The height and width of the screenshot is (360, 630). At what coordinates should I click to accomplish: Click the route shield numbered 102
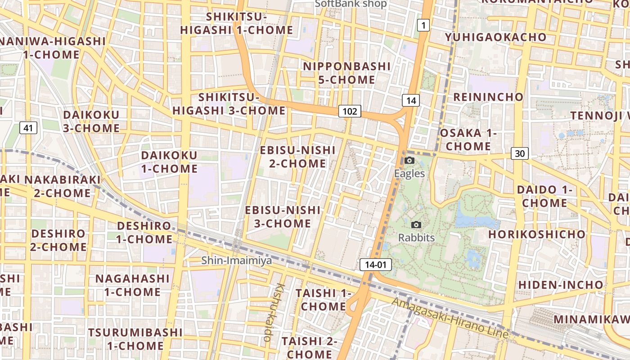point(350,111)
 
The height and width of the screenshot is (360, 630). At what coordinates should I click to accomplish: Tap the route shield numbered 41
point(28,128)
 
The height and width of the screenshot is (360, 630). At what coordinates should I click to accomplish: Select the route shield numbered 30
point(520,153)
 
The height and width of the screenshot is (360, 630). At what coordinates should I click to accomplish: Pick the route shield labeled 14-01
point(376,265)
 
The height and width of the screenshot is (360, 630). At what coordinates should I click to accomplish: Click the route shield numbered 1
point(423,26)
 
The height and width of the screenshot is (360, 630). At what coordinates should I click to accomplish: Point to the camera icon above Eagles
point(409,161)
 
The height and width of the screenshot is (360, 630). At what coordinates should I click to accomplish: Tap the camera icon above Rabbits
point(416,225)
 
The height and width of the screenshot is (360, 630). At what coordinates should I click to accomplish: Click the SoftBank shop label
point(351,4)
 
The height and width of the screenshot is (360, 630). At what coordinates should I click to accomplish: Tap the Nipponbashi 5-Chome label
point(339,73)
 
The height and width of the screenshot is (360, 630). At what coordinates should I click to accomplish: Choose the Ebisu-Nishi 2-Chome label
point(297,156)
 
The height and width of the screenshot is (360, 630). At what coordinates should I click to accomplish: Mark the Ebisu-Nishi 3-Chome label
point(283,216)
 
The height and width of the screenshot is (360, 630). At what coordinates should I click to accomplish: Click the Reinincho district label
point(488,97)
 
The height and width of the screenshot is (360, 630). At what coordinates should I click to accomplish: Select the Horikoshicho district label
point(537,234)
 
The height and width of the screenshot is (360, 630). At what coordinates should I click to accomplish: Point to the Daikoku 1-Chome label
point(169,162)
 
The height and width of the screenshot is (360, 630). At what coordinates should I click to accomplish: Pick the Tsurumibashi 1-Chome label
point(135,339)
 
